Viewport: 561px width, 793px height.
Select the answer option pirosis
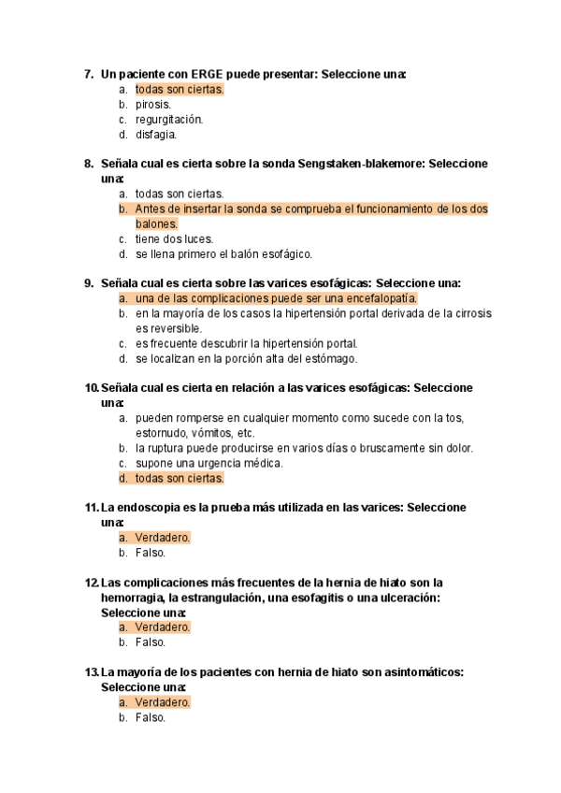152,105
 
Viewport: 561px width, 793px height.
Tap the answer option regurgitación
168,120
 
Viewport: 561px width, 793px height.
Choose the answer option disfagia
155,135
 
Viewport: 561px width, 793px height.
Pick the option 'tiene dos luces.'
174,239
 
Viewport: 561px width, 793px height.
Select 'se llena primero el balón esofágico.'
223,254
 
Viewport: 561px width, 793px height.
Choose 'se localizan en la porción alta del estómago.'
246,358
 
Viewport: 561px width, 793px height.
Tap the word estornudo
161,433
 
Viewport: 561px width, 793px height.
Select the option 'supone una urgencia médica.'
209,463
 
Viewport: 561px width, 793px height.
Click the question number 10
91,388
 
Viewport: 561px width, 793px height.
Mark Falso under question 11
150,553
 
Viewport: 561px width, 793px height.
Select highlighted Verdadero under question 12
162,627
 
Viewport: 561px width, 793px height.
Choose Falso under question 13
150,717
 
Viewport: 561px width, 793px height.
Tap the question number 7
88,74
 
